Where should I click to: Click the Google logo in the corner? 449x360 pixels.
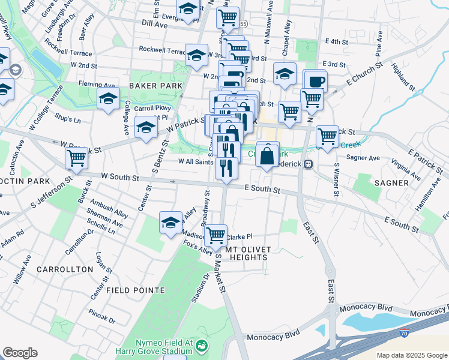point(20,353)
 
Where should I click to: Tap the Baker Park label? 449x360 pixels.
point(155,86)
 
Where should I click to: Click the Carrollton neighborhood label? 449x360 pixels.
point(65,269)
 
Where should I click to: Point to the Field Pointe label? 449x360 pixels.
point(135,290)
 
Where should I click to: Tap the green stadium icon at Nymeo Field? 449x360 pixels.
point(202,346)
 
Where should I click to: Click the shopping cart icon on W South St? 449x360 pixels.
point(76,158)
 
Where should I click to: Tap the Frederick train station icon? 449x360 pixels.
point(308,164)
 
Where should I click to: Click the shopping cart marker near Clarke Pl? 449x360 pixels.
point(215,235)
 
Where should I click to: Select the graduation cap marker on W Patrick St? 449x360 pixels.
point(146,127)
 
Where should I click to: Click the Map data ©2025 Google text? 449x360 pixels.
point(411,355)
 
